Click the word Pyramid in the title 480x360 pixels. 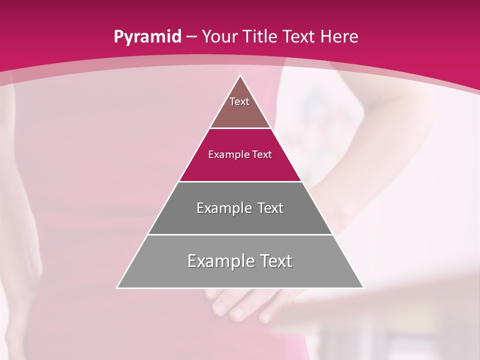[x=147, y=37]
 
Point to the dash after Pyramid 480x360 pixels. [x=192, y=37]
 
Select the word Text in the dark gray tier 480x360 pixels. [x=267, y=208]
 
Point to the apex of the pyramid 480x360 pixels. [x=240, y=76]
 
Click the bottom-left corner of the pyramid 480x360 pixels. [x=118, y=287]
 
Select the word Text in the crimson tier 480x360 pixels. [x=262, y=154]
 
